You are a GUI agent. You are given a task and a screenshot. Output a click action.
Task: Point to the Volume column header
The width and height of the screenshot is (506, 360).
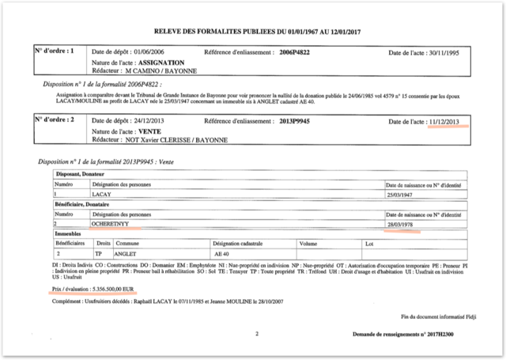tap(308, 244)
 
